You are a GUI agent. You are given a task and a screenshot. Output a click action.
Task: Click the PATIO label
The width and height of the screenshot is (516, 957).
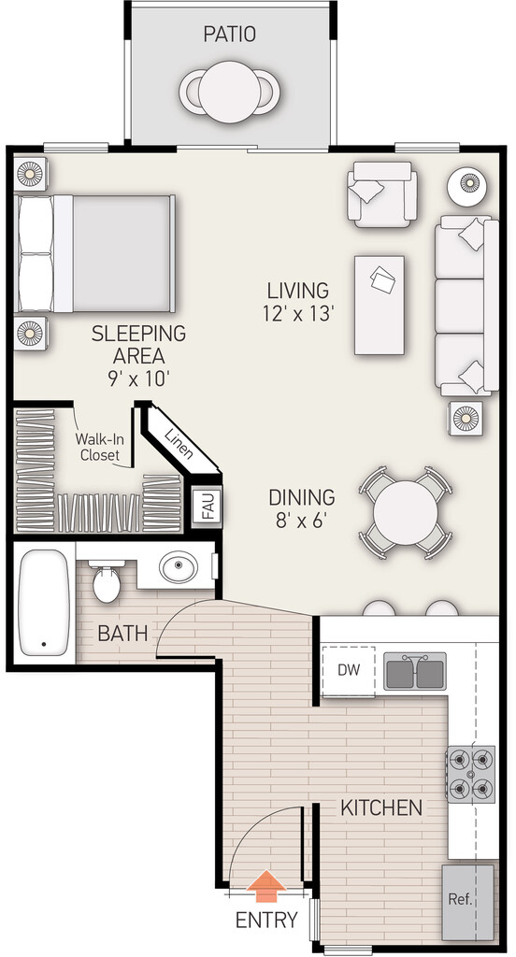coord(230,35)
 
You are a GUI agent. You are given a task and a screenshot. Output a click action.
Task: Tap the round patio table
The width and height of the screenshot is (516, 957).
coord(230,92)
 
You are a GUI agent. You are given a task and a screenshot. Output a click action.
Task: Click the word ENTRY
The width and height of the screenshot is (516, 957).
coord(266,920)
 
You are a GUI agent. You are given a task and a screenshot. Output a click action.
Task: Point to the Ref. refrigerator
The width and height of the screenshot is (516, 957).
coord(468,902)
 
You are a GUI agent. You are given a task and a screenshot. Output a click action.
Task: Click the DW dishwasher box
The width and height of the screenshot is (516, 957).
coord(349,671)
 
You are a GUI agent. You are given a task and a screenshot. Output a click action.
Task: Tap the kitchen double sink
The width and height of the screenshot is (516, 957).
coord(415,671)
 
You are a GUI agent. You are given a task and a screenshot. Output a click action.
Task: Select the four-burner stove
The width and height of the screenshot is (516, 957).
coord(471,773)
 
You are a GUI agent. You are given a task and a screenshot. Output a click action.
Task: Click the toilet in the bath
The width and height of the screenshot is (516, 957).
coord(107,581)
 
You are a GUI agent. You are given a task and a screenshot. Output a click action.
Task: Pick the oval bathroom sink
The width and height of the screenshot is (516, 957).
coord(179,567)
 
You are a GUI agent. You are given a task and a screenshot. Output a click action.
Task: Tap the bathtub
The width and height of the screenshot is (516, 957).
coord(42,603)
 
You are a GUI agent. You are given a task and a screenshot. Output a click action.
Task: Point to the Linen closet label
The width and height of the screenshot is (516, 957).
coord(179,442)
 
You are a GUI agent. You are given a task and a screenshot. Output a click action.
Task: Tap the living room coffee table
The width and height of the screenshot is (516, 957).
coord(380,306)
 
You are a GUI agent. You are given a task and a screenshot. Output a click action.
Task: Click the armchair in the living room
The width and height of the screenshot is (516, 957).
coord(382,194)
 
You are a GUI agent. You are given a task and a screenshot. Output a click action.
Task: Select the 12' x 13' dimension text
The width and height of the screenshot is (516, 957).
coord(298,314)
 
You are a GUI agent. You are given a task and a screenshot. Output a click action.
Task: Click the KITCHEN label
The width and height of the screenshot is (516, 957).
coord(381,807)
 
